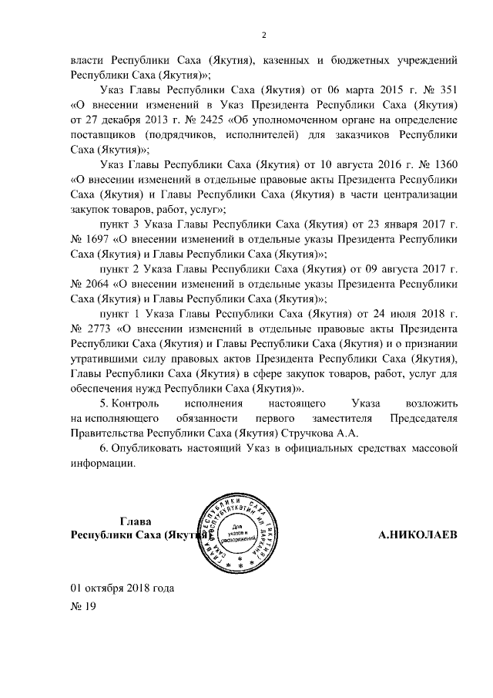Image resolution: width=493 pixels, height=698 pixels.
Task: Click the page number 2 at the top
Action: tap(263, 35)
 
